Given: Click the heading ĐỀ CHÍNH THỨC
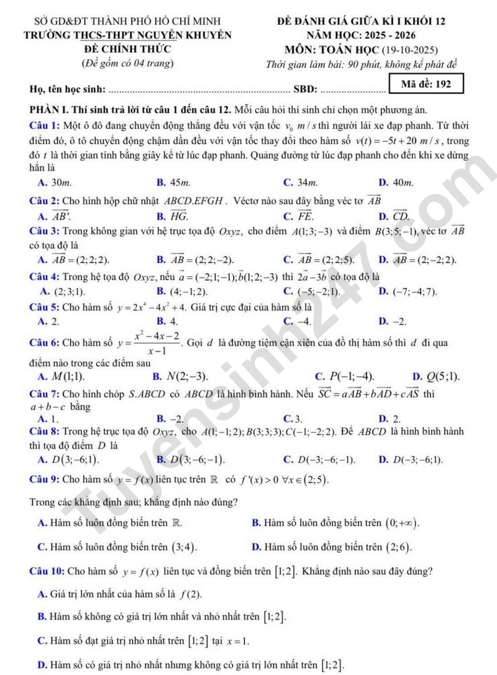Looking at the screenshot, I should [127, 48].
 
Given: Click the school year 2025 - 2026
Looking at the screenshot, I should [388, 35].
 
